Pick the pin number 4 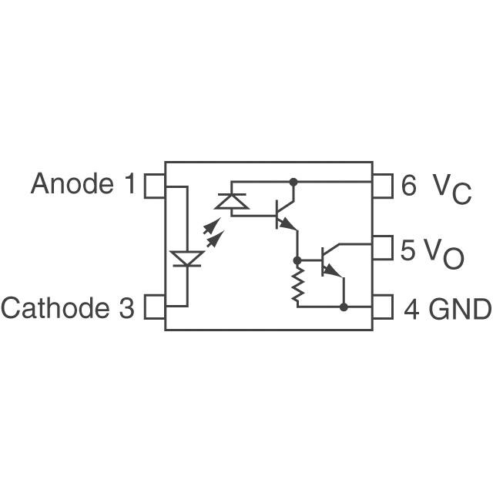[411, 309]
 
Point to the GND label [460, 309]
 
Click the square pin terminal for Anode [154, 185]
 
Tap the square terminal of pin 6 [383, 185]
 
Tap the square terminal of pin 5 [383, 249]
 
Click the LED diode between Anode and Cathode [187, 258]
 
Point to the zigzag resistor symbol [296, 283]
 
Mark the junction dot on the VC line [293, 183]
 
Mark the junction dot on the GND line [344, 307]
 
